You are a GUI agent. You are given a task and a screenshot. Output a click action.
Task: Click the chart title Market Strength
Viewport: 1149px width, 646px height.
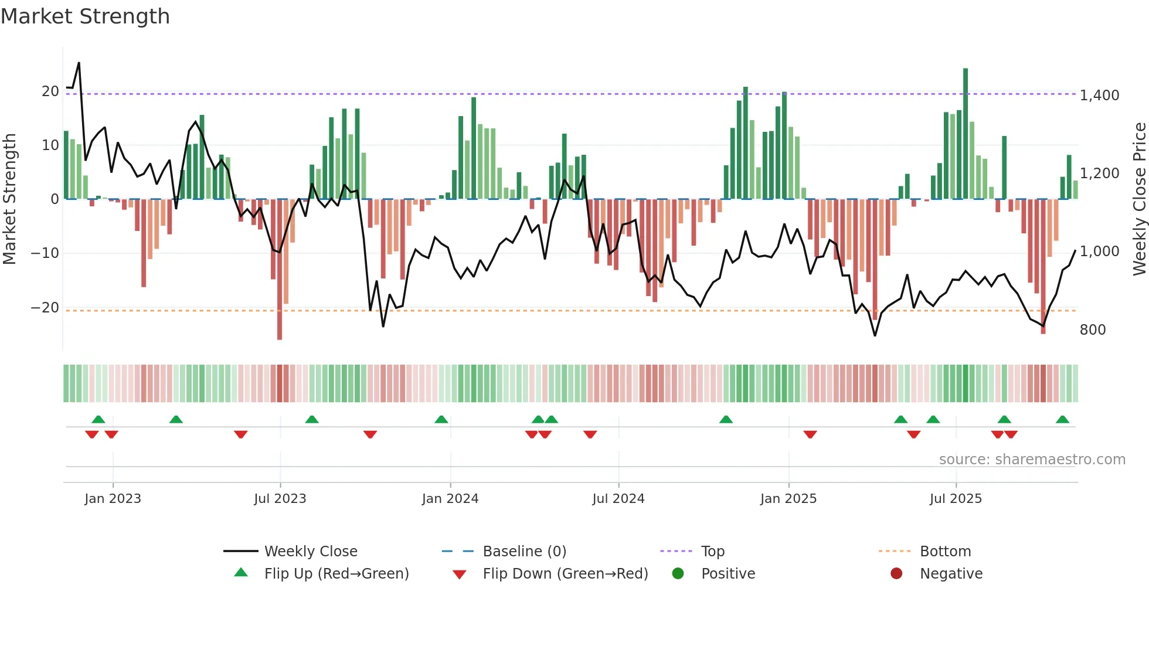(x=85, y=16)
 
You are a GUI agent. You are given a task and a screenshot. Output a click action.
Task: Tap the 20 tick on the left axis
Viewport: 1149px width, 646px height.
(x=50, y=91)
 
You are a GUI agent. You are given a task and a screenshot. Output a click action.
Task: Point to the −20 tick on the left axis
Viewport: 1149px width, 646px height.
(x=45, y=308)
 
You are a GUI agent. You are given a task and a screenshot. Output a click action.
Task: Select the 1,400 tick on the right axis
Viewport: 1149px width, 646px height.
(x=1099, y=95)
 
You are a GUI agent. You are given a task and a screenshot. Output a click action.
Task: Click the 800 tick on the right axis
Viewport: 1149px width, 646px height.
(x=1092, y=330)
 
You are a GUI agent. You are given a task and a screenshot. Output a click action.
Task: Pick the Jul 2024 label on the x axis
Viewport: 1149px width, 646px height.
(x=618, y=499)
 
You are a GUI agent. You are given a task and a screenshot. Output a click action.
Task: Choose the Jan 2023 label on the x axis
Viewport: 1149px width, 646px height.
(x=113, y=499)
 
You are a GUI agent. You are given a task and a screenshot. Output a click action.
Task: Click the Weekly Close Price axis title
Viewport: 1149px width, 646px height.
(x=1139, y=199)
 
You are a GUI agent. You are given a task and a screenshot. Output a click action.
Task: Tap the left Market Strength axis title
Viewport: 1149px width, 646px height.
(x=9, y=199)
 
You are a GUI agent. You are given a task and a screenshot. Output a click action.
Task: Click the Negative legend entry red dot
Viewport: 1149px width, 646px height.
(x=896, y=574)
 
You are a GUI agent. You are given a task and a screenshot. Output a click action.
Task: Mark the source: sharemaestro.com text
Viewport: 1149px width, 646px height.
(x=1032, y=460)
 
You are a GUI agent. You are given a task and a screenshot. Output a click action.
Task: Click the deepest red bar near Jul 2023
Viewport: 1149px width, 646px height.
(x=280, y=270)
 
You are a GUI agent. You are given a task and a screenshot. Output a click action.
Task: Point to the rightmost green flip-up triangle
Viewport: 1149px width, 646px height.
(x=1062, y=419)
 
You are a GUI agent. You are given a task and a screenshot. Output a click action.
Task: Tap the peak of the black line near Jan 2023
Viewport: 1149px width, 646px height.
(x=79, y=63)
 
